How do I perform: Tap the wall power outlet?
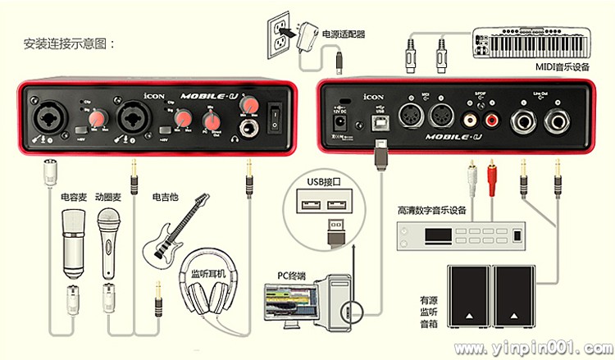(x=282, y=36)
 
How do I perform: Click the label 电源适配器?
(x=343, y=34)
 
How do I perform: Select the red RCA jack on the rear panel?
(x=492, y=120)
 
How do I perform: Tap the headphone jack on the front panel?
(x=247, y=127)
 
